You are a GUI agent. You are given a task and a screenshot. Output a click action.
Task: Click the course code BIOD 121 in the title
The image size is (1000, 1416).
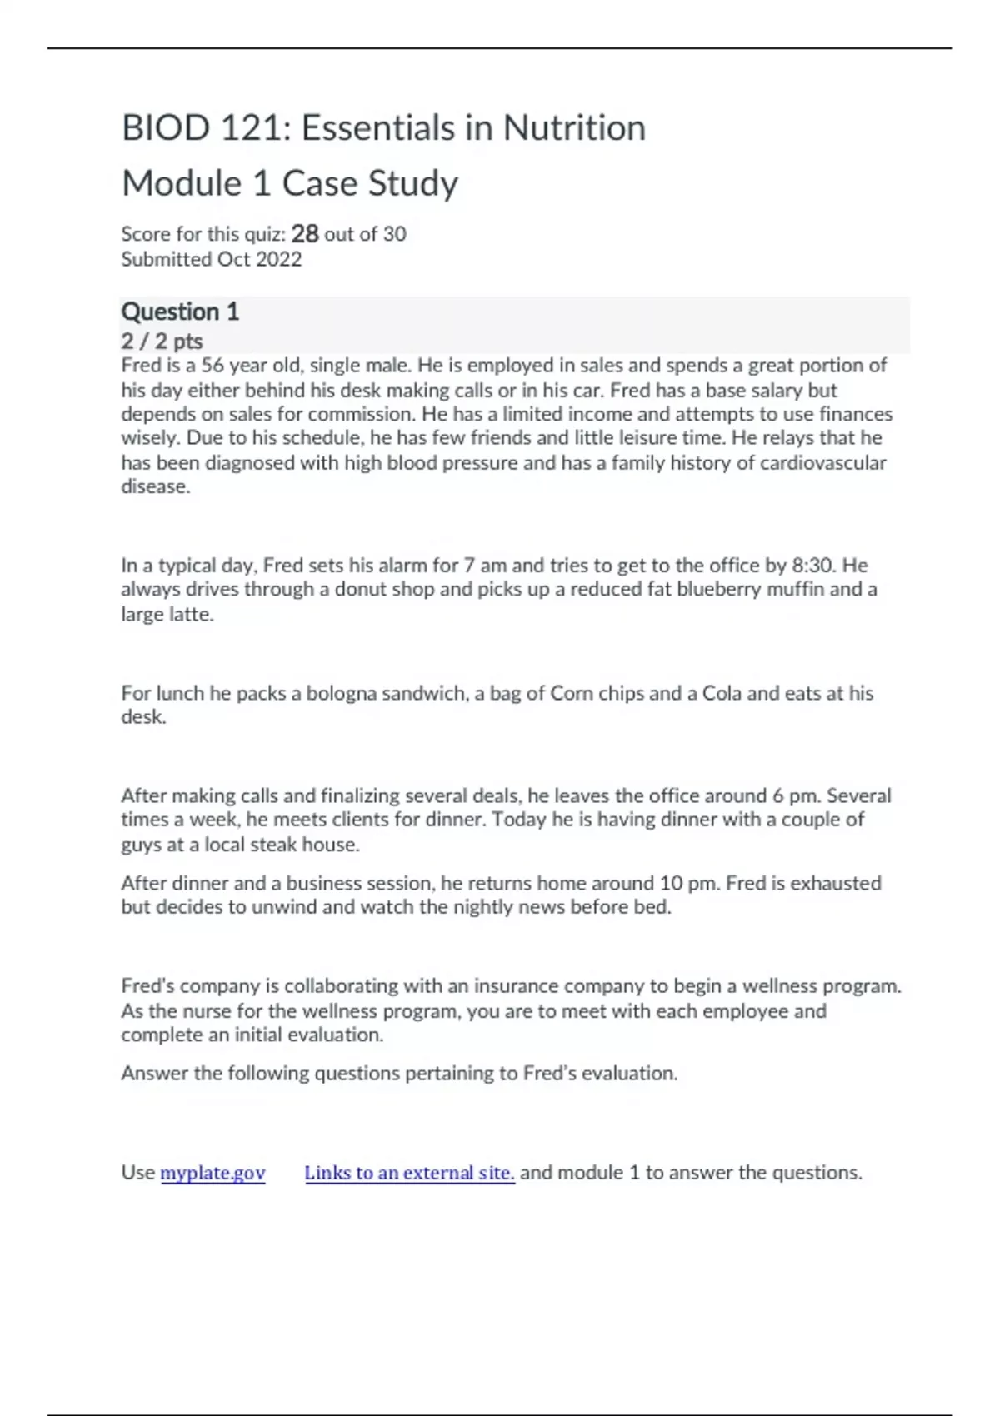pos(205,128)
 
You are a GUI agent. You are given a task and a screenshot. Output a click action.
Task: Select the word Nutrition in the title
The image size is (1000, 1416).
pos(574,128)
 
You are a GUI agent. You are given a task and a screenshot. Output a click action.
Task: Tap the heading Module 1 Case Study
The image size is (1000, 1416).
pos(290,183)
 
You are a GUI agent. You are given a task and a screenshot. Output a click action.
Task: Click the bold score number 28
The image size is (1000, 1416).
pos(305,233)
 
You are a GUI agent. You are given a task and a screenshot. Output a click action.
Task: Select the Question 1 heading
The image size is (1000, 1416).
pos(180,312)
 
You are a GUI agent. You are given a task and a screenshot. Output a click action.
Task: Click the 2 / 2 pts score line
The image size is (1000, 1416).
pos(162,341)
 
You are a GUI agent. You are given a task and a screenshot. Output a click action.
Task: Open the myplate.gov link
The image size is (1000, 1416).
pos(212,1173)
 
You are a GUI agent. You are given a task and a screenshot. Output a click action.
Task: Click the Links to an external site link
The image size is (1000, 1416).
pos(409,1173)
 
